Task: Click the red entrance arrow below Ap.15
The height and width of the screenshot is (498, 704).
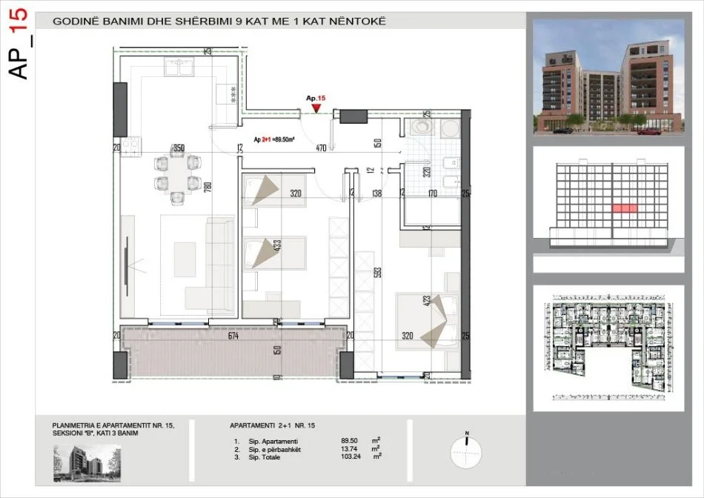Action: tap(317, 108)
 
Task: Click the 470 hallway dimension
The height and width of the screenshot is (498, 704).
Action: tap(321, 148)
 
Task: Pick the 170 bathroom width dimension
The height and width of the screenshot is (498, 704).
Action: tap(433, 194)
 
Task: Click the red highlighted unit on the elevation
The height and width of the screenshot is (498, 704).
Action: tap(624, 209)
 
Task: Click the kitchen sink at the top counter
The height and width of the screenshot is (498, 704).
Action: tap(180, 70)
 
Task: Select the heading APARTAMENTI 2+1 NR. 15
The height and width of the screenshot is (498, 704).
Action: tap(273, 425)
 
